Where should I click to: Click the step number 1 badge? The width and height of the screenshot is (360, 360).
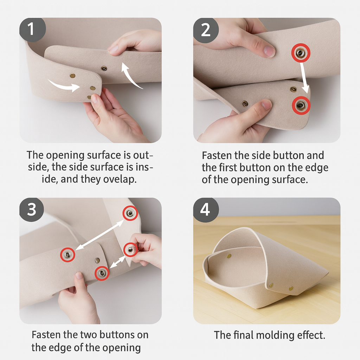click(x=32, y=30)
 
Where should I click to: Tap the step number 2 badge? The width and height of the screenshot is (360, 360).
click(x=206, y=30)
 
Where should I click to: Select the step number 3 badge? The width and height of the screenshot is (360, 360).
click(x=32, y=210)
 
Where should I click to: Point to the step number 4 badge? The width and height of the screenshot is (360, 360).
click(x=206, y=210)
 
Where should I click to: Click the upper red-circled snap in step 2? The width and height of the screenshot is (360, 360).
click(x=301, y=53)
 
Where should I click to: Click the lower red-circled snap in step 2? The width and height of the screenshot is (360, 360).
click(x=301, y=105)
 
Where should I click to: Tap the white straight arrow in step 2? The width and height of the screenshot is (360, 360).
click(x=305, y=78)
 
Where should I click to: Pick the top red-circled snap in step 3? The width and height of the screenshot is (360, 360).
click(x=130, y=213)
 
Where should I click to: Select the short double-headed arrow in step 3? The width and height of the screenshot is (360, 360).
click(x=117, y=262)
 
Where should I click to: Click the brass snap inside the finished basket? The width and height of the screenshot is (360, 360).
click(x=229, y=256)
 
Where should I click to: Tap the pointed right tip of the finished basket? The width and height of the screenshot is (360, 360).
click(x=328, y=272)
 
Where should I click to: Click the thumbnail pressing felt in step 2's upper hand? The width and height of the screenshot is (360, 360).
click(x=269, y=51)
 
